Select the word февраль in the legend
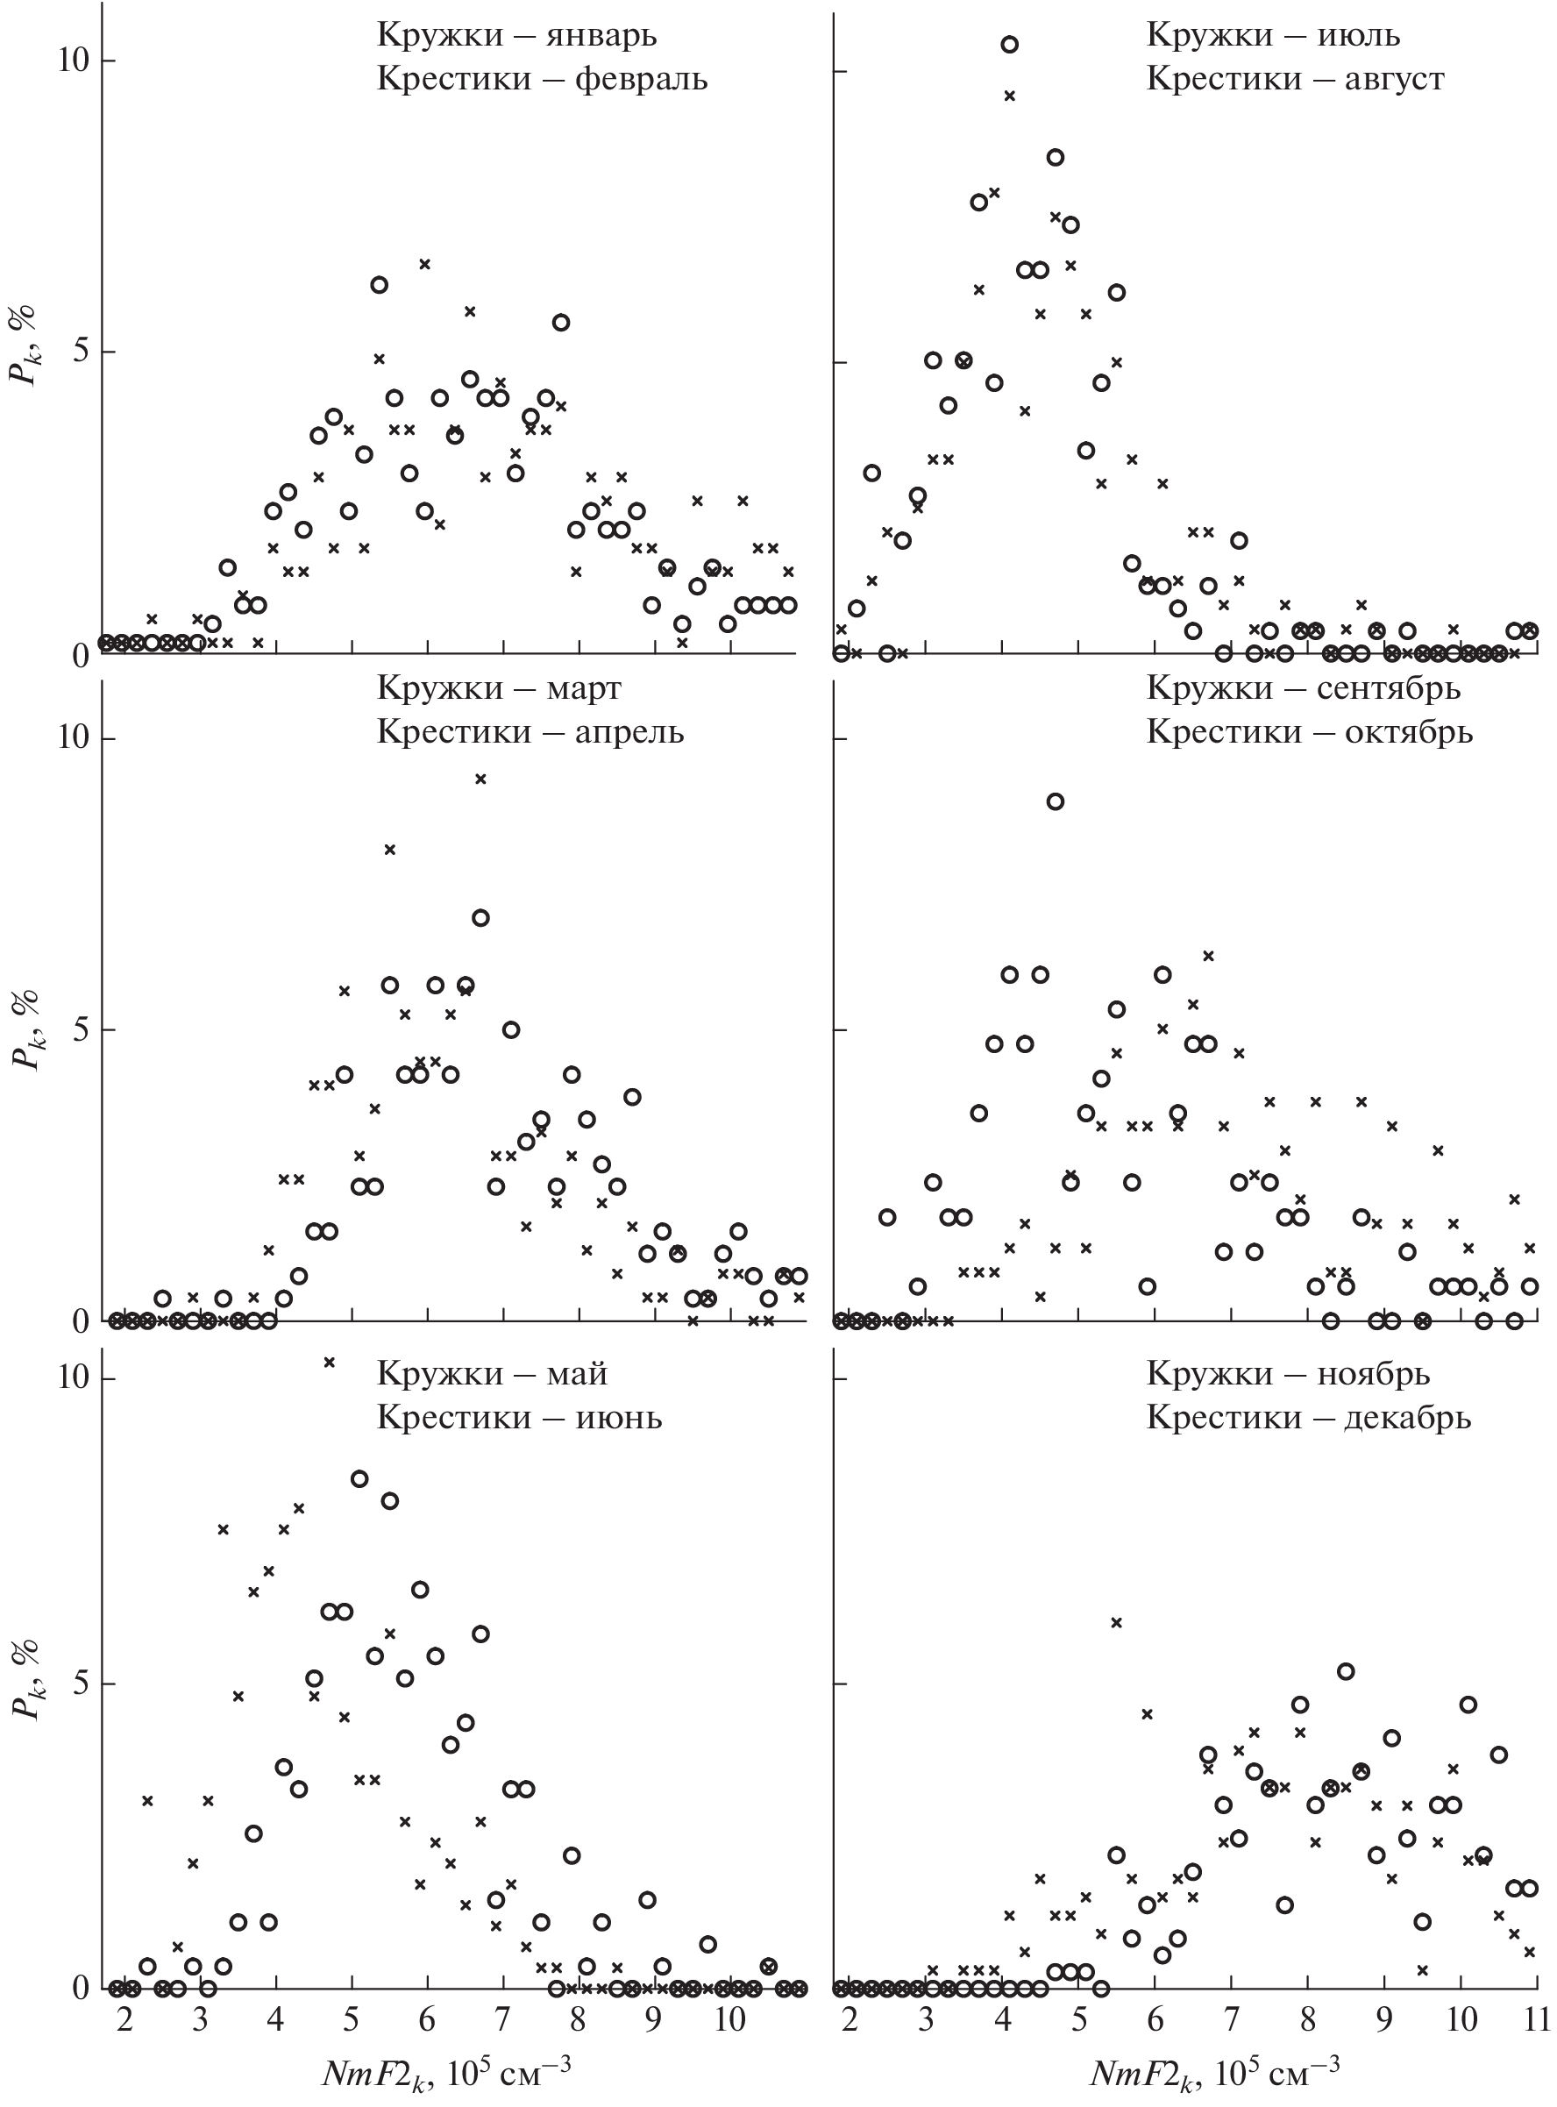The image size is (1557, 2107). [x=641, y=78]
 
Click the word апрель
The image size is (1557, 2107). [x=629, y=731]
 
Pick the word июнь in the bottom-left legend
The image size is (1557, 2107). [x=618, y=1417]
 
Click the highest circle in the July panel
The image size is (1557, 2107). [x=1009, y=45]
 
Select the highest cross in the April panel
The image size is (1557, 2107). [x=480, y=779]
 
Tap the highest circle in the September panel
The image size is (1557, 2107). [x=1056, y=801]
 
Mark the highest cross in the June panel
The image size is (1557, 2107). [x=330, y=1362]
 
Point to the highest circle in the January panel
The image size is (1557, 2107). [x=379, y=285]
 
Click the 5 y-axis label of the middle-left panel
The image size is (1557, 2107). [x=80, y=1029]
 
